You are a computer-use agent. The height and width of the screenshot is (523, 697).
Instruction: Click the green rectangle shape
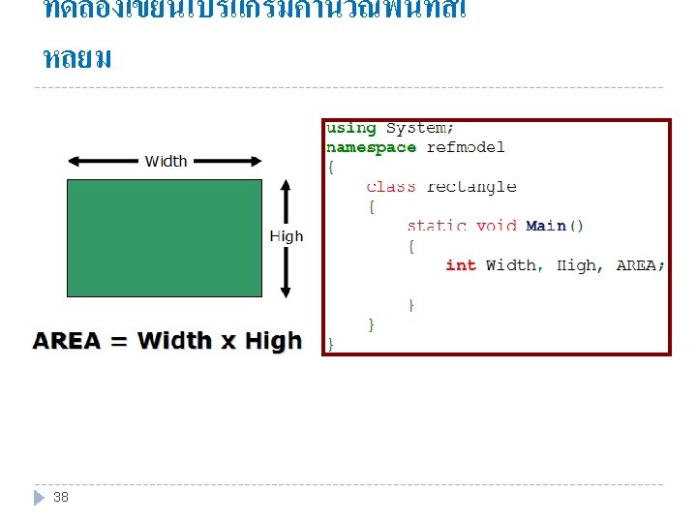coord(164,237)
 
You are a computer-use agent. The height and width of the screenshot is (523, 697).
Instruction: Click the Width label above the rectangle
coord(166,161)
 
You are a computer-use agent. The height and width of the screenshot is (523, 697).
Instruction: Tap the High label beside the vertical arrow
coord(286,236)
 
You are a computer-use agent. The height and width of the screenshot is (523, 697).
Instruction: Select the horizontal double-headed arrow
coord(164,162)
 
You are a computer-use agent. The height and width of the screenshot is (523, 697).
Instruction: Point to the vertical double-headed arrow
coord(286,237)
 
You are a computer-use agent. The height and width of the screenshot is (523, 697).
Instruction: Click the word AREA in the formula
coord(67,341)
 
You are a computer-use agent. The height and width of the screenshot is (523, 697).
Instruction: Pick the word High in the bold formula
coord(273,341)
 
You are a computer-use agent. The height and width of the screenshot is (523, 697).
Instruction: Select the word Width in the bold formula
coord(174,341)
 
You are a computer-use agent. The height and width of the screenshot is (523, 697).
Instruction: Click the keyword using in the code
coord(351,128)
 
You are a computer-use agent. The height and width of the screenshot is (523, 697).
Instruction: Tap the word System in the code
coord(418,128)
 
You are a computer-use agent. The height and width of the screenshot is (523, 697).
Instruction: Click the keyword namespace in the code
coord(372,147)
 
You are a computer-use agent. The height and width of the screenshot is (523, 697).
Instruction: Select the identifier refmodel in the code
coord(466,147)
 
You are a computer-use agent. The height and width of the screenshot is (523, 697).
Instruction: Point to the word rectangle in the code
coord(471,186)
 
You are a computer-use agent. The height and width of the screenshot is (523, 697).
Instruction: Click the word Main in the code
coord(546,226)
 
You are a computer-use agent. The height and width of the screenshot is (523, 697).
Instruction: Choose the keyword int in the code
coord(461,264)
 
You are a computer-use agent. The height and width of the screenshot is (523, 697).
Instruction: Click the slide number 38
coord(61,497)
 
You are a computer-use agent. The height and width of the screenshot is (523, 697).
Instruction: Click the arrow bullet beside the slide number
coord(40,497)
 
